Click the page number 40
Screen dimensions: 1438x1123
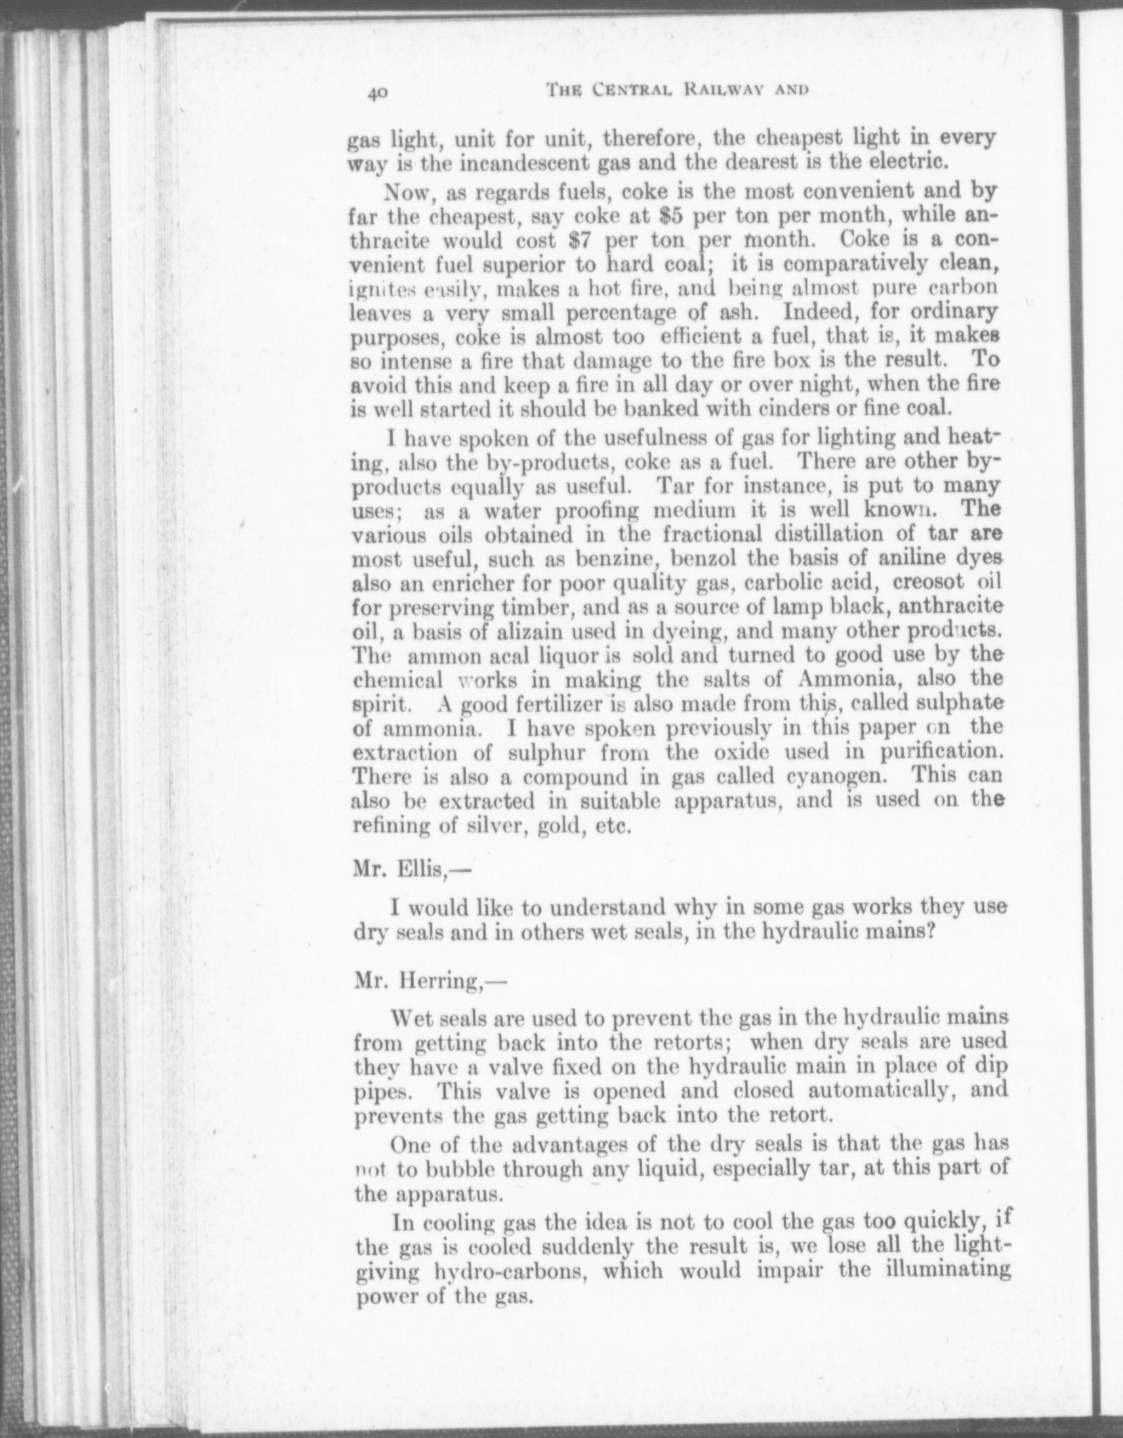pyautogui.click(x=378, y=94)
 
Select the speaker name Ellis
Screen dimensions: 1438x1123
pyautogui.click(x=417, y=869)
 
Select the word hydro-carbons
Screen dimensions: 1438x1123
pyautogui.click(x=508, y=1271)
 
